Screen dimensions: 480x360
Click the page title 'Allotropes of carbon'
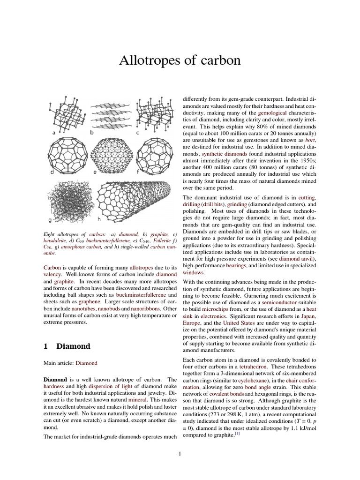point(180,60)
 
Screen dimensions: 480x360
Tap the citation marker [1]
point(237,434)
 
